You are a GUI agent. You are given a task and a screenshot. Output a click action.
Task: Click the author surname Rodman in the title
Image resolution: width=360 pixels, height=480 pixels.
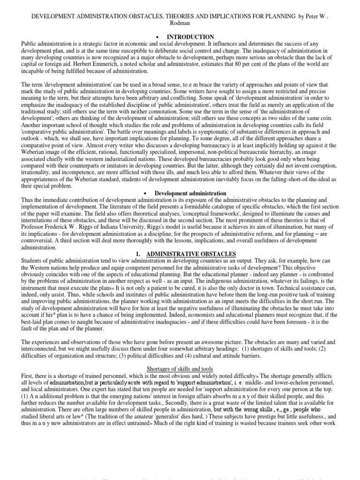(180, 23)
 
